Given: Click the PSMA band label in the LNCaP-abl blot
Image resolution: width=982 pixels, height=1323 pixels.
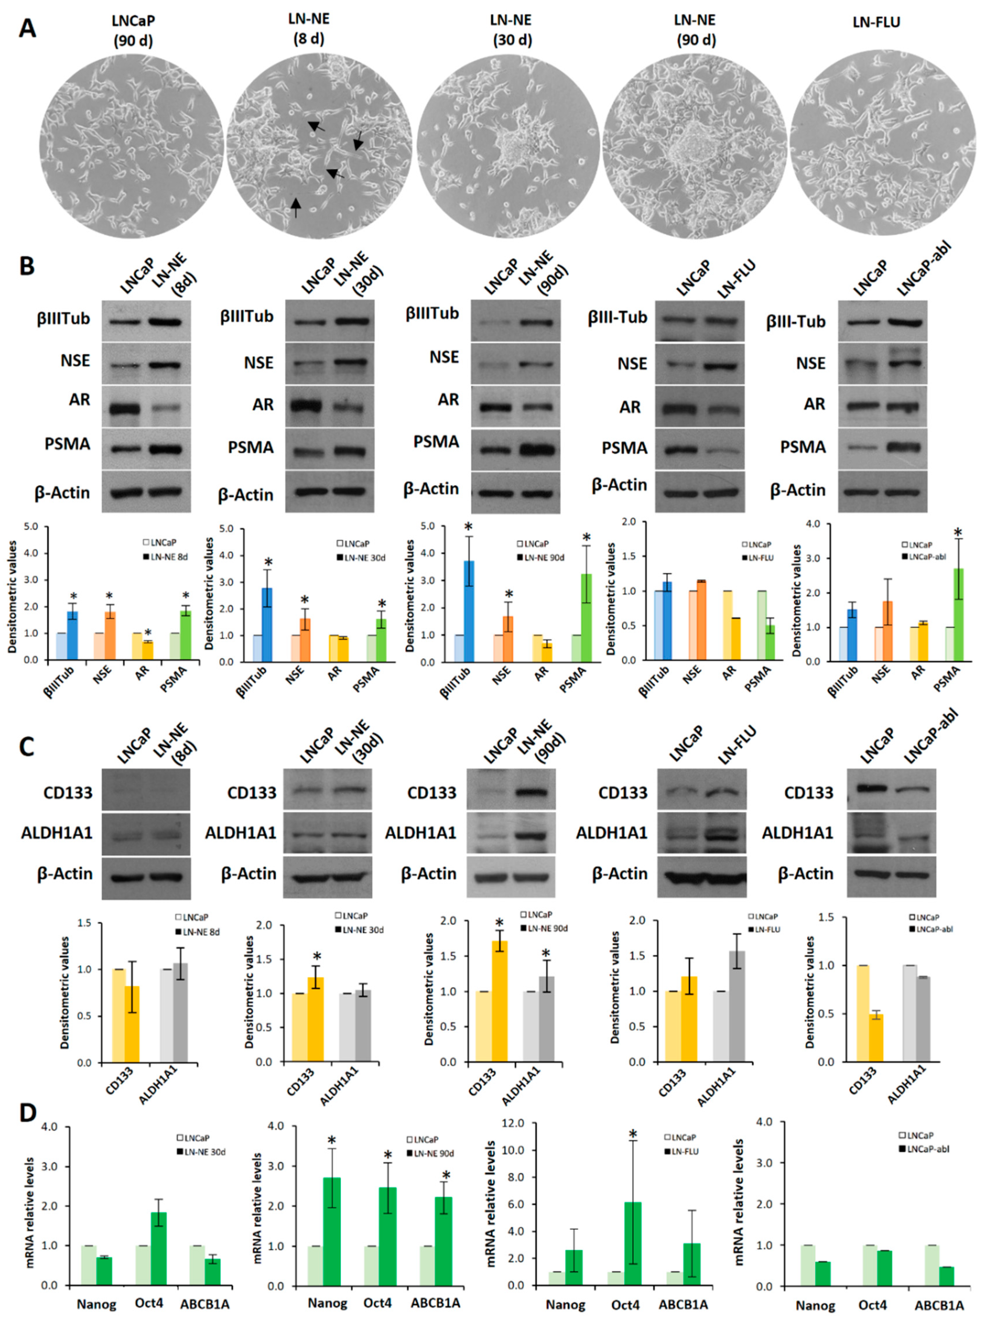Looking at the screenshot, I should (x=803, y=447).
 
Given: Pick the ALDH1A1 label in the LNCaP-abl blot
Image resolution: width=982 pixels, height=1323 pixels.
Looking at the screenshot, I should (x=797, y=833).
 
